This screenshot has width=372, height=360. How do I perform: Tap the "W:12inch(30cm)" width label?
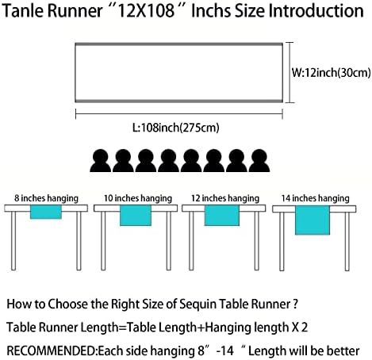click(x=332, y=72)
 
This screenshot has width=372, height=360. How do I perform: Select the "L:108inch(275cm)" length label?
click(x=176, y=128)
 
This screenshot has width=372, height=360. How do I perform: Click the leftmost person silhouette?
click(x=101, y=161)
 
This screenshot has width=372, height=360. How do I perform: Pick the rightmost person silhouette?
click(x=259, y=161)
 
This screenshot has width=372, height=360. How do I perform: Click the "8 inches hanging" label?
click(x=46, y=198)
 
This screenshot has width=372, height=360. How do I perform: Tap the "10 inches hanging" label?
click(x=138, y=198)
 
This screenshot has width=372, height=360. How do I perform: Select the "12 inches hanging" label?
click(x=225, y=198)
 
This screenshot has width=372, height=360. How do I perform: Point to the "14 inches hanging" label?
click(x=315, y=198)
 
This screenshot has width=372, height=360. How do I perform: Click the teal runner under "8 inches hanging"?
click(x=46, y=212)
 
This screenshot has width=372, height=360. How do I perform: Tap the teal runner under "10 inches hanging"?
click(x=136, y=216)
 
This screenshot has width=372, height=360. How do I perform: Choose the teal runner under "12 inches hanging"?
click(x=222, y=216)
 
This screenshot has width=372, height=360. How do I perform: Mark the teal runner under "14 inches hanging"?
click(x=313, y=220)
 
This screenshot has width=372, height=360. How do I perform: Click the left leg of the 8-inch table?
click(x=13, y=241)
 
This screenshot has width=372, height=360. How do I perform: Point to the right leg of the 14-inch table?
click(x=347, y=242)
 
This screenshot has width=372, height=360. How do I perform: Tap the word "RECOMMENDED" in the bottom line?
click(x=52, y=350)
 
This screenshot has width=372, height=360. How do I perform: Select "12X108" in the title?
click(x=145, y=11)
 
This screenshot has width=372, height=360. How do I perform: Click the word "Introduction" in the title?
click(x=316, y=11)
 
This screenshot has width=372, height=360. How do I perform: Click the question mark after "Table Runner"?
click(x=296, y=304)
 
